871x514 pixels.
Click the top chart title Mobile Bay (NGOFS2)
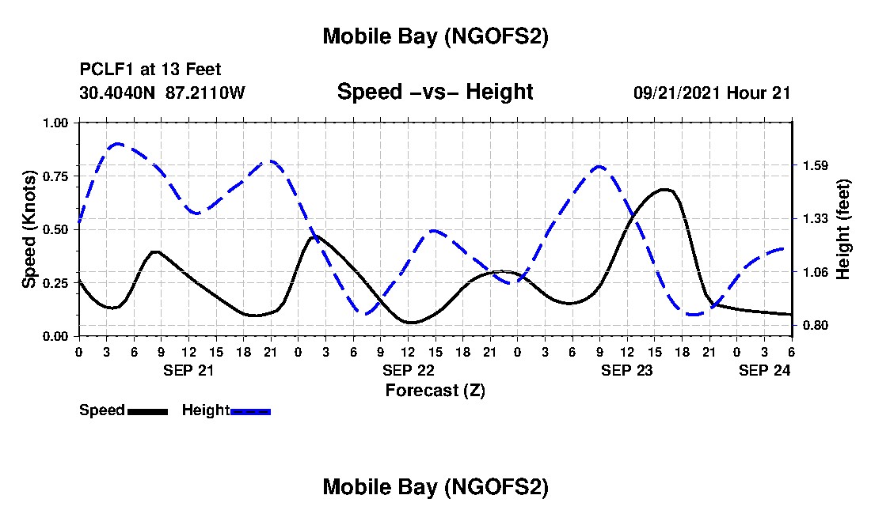click(x=435, y=37)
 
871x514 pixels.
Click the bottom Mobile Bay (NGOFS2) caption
click(x=435, y=487)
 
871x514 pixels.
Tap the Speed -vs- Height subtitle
click(x=435, y=92)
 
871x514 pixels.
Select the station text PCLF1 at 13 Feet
click(x=150, y=70)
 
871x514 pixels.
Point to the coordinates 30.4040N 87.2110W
click(x=162, y=93)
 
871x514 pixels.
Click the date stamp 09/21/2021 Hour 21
click(x=712, y=93)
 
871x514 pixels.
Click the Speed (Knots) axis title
click(x=29, y=229)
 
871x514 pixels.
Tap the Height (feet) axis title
click(x=842, y=229)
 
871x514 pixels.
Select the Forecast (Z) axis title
click(x=435, y=391)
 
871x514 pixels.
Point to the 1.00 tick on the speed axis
click(x=56, y=123)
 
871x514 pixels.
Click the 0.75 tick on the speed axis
click(x=56, y=176)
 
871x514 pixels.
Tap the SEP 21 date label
click(x=188, y=370)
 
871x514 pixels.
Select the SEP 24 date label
click(x=764, y=370)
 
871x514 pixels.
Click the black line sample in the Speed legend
click(x=147, y=411)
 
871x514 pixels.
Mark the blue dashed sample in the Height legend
click(x=250, y=411)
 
